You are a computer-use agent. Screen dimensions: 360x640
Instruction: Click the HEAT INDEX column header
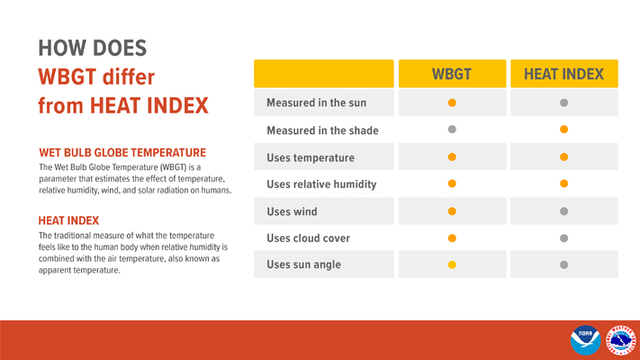coord(563,74)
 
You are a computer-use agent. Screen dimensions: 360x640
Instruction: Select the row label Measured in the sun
coord(316,103)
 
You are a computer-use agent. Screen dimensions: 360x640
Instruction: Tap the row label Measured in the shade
coord(322,130)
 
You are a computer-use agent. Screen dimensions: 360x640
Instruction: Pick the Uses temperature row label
coord(311,157)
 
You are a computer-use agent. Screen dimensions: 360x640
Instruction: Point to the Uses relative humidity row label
coord(321,184)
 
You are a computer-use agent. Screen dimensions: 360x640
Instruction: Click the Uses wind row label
coord(292,211)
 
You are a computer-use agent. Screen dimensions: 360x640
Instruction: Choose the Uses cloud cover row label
coord(308,238)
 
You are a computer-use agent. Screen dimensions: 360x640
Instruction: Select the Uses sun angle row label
coord(304,265)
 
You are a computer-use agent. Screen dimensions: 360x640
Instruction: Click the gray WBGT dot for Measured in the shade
coord(453,130)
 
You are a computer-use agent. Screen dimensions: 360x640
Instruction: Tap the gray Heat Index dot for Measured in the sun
coord(563,103)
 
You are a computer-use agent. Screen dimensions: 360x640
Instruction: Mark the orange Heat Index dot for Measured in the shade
coord(563,130)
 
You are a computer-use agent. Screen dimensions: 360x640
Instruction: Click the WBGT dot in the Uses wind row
coord(453,211)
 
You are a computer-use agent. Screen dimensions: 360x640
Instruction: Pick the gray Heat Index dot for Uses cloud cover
coord(563,238)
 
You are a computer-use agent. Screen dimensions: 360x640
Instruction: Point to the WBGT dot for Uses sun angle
coord(453,265)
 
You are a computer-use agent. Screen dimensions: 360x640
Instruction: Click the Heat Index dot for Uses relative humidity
coord(563,184)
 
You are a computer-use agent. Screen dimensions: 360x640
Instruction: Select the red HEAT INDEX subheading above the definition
coord(68,220)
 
